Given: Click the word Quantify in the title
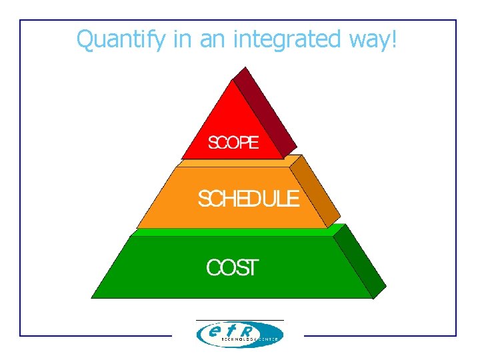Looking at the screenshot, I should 120,39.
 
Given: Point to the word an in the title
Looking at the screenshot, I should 210,40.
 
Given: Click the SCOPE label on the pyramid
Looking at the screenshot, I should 233,143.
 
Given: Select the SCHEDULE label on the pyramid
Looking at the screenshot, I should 249,199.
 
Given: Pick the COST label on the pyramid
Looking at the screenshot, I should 231,268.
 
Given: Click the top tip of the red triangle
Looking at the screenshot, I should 231,80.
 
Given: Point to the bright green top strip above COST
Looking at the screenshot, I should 233,232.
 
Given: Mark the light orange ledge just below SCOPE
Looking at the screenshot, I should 233,162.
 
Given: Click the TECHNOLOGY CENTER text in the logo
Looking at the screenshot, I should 249,339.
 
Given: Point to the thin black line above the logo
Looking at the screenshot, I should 239,321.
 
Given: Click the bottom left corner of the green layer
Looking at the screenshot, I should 92,297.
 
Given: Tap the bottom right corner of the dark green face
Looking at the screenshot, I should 373,298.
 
